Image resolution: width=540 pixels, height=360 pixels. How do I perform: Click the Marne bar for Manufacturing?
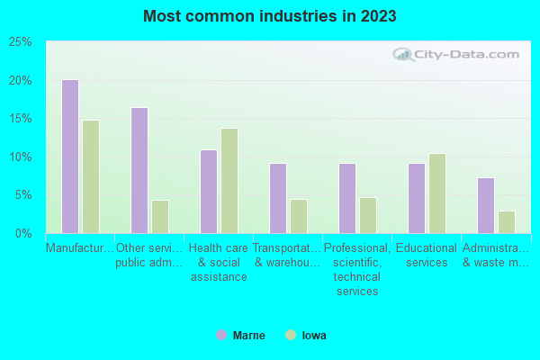70,157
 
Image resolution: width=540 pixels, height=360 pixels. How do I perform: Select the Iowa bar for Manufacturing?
91,176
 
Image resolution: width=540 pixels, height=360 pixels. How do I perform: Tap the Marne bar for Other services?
139,170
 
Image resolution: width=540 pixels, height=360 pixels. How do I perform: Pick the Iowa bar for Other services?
160,216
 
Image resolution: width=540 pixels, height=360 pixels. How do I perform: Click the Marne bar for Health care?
209,191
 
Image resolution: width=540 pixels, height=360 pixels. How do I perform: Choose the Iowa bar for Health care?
229,180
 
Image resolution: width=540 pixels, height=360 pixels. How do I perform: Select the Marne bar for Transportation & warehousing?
278,198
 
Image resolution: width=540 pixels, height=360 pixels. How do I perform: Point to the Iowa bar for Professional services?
368,215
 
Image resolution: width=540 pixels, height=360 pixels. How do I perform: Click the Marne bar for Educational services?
417,198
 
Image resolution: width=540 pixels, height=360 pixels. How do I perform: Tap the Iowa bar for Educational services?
437,193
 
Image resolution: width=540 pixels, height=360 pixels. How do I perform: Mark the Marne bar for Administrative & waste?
486,205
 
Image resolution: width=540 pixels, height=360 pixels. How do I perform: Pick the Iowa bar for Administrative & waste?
507,221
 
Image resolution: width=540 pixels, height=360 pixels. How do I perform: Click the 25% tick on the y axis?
21,42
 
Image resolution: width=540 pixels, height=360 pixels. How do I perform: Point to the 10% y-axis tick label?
21,157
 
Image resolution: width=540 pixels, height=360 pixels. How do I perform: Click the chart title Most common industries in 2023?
270,16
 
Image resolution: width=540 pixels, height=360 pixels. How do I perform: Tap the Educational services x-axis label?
427,256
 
